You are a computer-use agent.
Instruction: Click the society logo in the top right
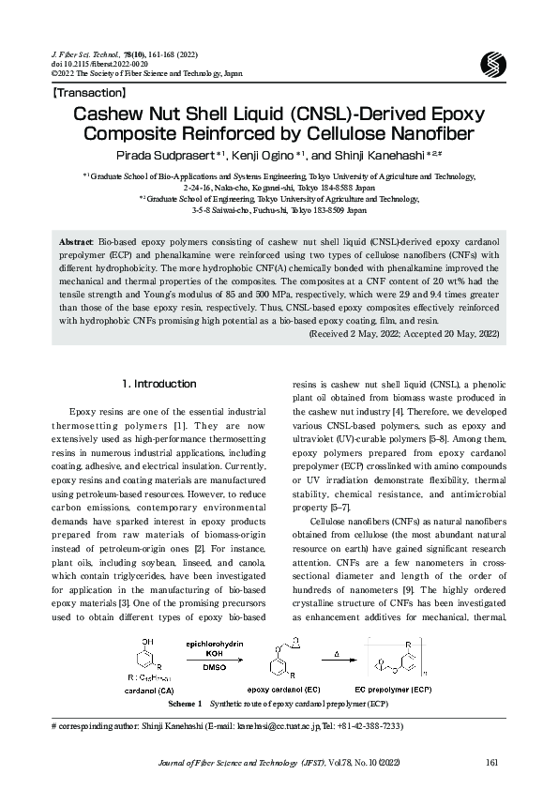492,64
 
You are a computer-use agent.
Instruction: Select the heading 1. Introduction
159,384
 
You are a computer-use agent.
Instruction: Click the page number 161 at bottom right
491,762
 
